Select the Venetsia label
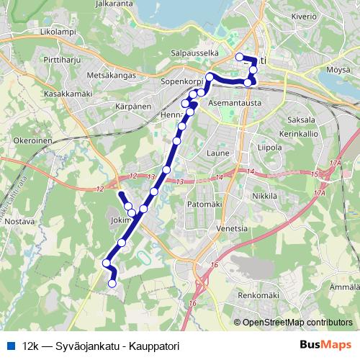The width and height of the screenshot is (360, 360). click(x=232, y=228)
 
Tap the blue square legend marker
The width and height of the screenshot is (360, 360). click(x=9, y=346)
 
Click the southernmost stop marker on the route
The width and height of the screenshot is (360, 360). click(x=112, y=284)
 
